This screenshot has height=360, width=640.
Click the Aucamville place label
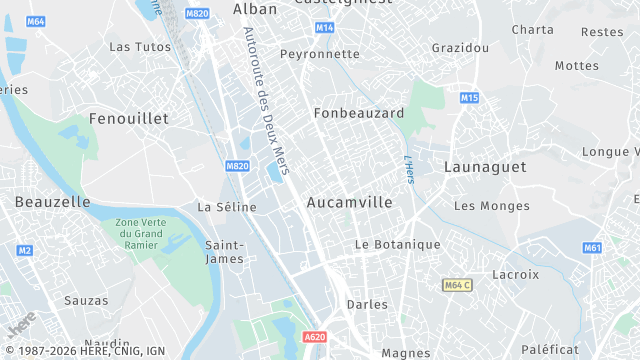349,202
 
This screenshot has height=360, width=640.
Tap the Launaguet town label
484,167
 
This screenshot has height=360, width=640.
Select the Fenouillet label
129,118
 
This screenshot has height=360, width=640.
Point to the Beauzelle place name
52,202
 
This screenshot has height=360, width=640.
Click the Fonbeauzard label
359,113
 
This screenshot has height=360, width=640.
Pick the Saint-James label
224,252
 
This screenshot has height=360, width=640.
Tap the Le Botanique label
398,245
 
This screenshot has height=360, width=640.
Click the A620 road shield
314,337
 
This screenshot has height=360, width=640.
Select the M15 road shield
470,98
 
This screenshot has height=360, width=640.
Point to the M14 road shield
324,28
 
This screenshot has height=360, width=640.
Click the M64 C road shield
457,286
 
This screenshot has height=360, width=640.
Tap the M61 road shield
592,248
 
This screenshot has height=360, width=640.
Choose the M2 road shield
25,250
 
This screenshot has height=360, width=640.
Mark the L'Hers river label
409,169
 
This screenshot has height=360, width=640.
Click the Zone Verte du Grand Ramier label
139,234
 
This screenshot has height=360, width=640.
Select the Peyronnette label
319,54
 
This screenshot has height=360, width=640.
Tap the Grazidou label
460,48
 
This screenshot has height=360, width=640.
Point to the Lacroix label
515,274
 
